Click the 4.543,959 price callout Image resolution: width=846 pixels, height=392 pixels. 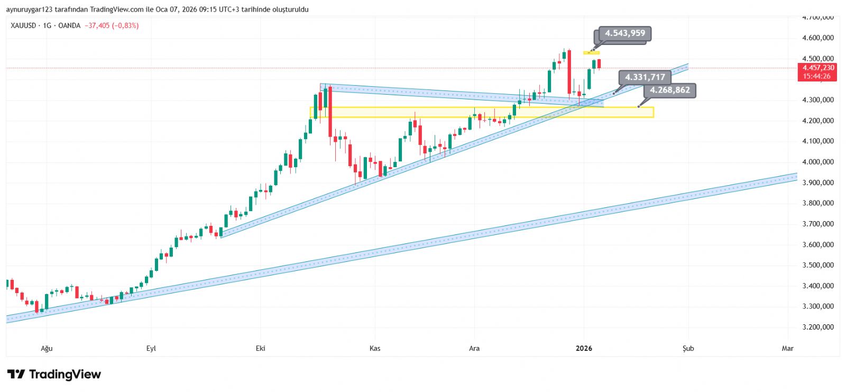[x=625, y=33]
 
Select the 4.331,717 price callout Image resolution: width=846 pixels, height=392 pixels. [x=645, y=77]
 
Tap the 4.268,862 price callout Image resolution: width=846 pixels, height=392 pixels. [x=669, y=90]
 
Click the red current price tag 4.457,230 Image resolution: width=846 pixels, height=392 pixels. [x=818, y=68]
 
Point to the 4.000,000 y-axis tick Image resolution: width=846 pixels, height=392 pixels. [x=818, y=162]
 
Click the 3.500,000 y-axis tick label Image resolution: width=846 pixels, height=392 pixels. [x=818, y=265]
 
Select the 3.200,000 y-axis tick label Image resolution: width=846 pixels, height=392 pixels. [x=818, y=327]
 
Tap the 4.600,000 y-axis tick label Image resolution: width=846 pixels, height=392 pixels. [x=818, y=38]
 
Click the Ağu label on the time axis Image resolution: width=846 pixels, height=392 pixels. [x=47, y=348]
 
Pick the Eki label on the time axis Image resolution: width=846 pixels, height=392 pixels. [x=260, y=348]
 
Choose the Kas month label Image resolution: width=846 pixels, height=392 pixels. [x=375, y=348]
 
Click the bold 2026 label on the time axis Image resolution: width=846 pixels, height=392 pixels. [x=584, y=348]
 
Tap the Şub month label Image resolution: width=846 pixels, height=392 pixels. [x=688, y=348]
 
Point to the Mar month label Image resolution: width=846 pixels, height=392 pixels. [x=788, y=348]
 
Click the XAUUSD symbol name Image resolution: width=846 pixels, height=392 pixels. [x=23, y=25]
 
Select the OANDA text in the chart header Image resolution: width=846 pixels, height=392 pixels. [x=69, y=25]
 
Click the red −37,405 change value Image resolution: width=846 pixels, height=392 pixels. [x=97, y=25]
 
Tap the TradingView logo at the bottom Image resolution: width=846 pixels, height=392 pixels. [x=54, y=375]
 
